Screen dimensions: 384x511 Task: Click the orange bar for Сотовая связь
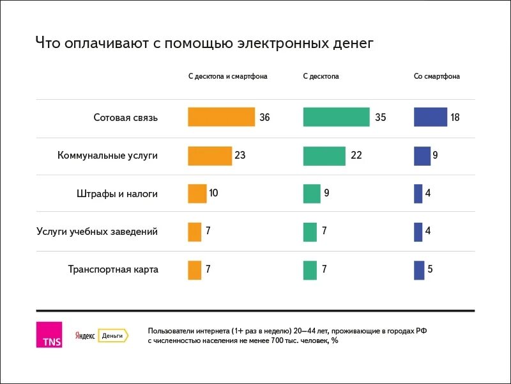221,117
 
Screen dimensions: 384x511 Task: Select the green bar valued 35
336,117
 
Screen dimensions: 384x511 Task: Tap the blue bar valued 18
430,117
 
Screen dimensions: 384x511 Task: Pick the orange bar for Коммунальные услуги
210,156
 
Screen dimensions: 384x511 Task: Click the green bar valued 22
324,156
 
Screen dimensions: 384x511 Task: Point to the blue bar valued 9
422,156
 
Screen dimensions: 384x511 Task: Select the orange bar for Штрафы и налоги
197,193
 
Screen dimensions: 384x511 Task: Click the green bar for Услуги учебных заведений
310,232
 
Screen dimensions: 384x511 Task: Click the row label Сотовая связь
125,118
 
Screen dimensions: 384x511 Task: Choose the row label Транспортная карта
113,269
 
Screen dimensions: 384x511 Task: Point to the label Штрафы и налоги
117,193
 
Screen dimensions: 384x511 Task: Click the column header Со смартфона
436,76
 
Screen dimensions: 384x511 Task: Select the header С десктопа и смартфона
227,76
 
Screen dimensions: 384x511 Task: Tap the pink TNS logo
49,335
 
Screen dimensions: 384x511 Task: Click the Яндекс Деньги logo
102,335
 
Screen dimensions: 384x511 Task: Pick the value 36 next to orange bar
265,118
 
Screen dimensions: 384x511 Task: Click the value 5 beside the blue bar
431,269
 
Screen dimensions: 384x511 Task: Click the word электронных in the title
275,44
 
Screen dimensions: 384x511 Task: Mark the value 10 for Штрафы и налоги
214,193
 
